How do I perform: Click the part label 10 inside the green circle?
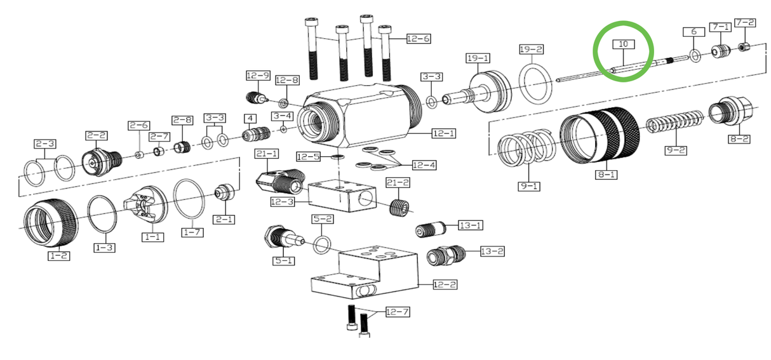pyautogui.click(x=623, y=44)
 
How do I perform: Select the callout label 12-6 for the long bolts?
pyautogui.click(x=418, y=39)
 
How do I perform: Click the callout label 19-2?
pyautogui.click(x=531, y=49)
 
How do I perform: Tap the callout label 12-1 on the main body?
pyautogui.click(x=444, y=133)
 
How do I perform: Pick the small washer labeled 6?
pyautogui.click(x=695, y=56)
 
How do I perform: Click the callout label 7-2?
pyautogui.click(x=745, y=23)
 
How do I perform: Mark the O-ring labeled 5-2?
pyautogui.click(x=323, y=244)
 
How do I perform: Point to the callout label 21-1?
pyautogui.click(x=267, y=154)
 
